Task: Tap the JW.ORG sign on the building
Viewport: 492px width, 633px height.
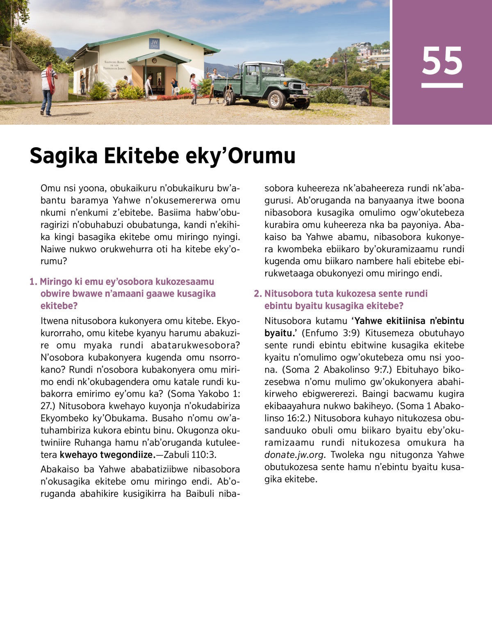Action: pos(154,43)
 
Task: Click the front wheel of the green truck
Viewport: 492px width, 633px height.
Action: pos(277,99)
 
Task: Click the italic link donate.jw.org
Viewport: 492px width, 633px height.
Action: pos(295,455)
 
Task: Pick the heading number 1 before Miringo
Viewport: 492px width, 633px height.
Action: pos(33,282)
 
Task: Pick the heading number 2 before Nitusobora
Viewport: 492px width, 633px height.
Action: pos(257,294)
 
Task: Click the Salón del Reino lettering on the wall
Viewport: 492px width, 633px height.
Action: pos(115,65)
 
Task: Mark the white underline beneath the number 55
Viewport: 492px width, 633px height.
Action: pos(442,85)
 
